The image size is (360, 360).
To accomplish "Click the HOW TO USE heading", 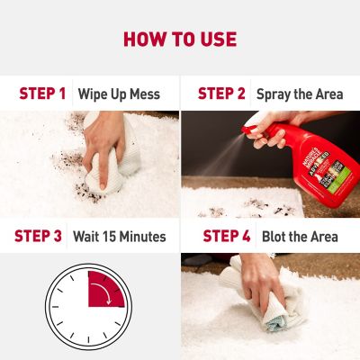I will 180,39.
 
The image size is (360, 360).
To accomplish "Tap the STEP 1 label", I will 42,93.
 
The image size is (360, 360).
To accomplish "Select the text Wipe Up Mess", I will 119,93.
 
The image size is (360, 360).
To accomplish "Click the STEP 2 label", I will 221,93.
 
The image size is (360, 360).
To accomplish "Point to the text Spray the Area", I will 298,93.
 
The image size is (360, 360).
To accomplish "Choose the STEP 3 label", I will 38,237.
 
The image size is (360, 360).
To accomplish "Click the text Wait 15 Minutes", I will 119,237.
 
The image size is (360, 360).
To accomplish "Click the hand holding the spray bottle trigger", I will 270,132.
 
